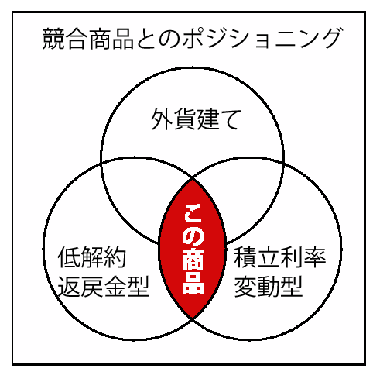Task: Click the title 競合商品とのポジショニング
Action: point(191,39)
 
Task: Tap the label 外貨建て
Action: point(196,119)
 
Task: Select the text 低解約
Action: point(91,257)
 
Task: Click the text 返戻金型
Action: point(103,286)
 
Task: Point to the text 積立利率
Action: point(280,257)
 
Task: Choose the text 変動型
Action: point(269,286)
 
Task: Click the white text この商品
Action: point(193,249)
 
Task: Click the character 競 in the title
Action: point(53,39)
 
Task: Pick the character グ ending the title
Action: point(330,39)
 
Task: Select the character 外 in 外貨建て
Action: point(162,119)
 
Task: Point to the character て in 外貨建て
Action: point(230,119)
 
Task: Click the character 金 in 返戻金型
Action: point(115,286)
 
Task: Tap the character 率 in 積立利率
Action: point(315,257)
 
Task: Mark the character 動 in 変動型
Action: point(269,286)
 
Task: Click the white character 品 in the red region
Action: point(193,283)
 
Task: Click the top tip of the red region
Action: point(192,179)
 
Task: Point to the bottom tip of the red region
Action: point(192,319)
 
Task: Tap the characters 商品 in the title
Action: point(111,39)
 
